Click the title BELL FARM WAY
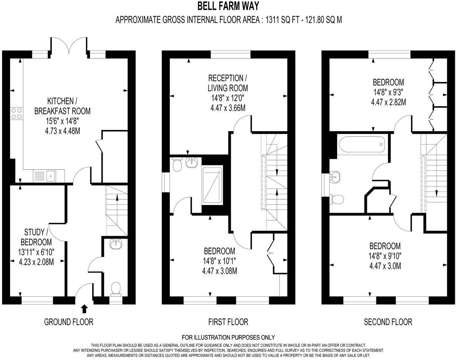click(228, 6)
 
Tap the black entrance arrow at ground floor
click(85, 308)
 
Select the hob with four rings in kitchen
click(17, 113)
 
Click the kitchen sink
click(50, 176)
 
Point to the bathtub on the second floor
click(361, 144)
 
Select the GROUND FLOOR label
click(69, 322)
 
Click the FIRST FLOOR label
click(228, 322)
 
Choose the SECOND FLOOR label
click(388, 322)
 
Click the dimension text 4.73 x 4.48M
click(63, 130)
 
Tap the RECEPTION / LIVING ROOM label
click(228, 83)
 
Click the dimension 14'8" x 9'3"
click(388, 92)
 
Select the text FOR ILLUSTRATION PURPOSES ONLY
click(228, 337)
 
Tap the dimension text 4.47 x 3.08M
click(219, 271)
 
